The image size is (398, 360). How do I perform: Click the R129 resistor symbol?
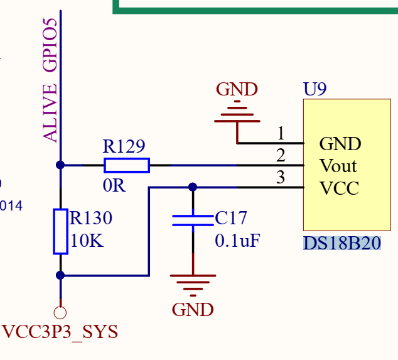(126, 165)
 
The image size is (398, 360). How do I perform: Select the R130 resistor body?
(60, 231)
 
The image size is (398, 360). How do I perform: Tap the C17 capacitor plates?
(193, 220)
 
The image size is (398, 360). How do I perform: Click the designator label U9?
(315, 89)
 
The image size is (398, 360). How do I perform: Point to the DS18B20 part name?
(342, 243)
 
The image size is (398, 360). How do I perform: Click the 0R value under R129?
(114, 187)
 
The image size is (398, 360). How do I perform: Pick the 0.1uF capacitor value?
(237, 241)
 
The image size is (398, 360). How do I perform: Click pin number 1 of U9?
(281, 133)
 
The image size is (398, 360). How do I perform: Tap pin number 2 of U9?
(281, 155)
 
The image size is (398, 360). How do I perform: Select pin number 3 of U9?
(281, 177)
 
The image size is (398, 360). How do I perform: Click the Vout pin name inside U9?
(338, 166)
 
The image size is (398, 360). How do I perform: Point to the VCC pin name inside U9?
(339, 188)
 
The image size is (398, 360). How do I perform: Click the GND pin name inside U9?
(340, 144)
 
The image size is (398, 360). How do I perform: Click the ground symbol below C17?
(193, 283)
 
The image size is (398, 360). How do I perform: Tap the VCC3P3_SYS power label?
(60, 332)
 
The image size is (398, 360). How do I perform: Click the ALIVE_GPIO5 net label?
(50, 79)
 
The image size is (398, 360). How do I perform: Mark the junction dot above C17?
(193, 187)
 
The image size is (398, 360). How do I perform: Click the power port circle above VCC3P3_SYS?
(60, 312)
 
